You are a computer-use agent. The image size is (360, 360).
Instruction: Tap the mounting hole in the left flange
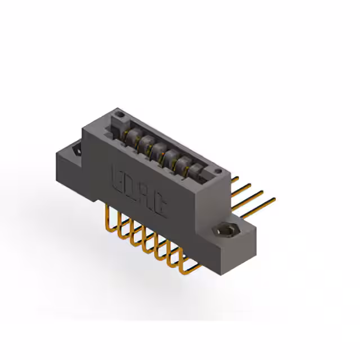pyautogui.click(x=74, y=150)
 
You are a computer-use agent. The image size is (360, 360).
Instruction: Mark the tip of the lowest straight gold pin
pyautogui.click(x=274, y=198)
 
